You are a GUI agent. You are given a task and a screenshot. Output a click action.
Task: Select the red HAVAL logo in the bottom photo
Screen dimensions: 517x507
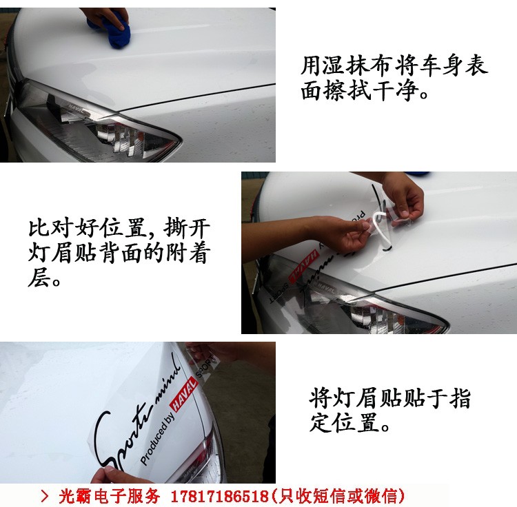(x=183, y=395)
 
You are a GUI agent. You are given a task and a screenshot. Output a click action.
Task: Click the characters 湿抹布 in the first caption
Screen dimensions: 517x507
(x=357, y=65)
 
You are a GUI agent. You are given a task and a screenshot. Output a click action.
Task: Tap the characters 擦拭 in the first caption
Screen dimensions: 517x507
(x=347, y=90)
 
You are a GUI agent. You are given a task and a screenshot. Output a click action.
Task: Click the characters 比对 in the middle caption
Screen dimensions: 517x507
(x=50, y=227)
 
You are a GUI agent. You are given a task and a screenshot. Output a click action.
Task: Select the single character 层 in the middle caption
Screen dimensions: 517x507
(x=39, y=277)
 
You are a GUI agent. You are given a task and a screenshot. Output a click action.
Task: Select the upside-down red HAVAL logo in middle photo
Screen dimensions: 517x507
(x=303, y=266)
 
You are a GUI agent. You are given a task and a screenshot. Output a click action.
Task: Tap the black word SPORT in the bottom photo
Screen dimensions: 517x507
(x=205, y=366)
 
